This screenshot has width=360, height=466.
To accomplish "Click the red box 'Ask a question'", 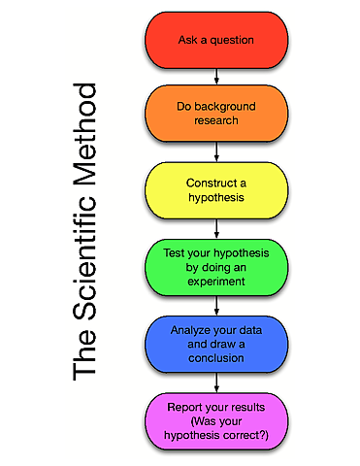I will point(216,41).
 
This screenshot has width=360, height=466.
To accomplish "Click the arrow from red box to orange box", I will point(216,77).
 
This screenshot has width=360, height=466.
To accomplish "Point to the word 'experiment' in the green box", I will point(216,283).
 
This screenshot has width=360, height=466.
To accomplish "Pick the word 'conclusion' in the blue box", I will point(216,358).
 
